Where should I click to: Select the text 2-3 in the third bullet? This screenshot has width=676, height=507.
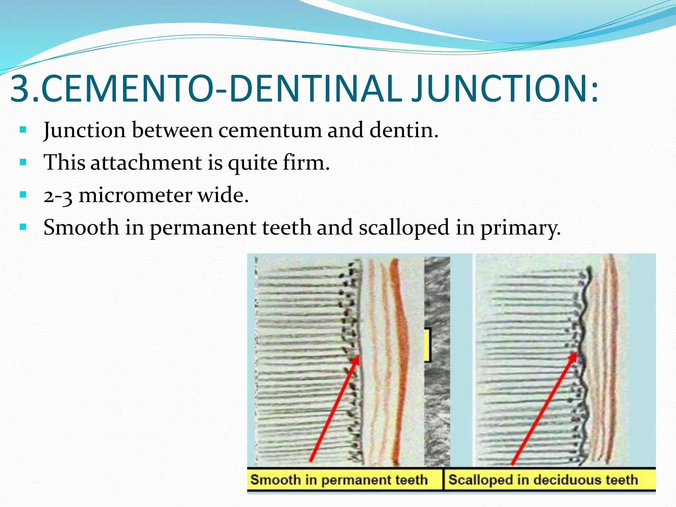[x=58, y=195]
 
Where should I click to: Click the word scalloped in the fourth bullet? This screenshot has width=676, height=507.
[x=404, y=228]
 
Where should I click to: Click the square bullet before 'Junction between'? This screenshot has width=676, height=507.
[x=23, y=129]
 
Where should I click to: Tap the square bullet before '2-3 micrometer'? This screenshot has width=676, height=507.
[x=23, y=194]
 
